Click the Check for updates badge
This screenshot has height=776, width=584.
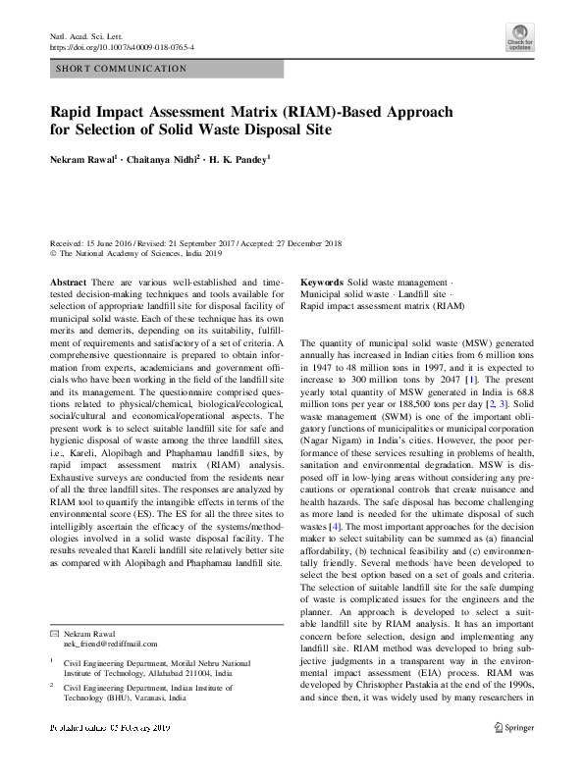click(519, 39)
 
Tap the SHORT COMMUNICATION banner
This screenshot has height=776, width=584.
click(123, 69)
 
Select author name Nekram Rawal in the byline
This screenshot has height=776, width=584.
click(83, 158)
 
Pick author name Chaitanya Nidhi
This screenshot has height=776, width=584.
click(161, 158)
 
